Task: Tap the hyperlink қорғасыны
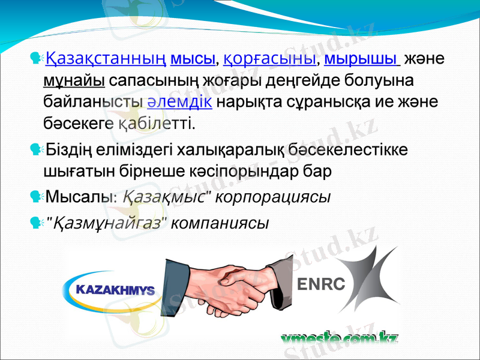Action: [x=270, y=60]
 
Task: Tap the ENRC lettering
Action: [x=322, y=284]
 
